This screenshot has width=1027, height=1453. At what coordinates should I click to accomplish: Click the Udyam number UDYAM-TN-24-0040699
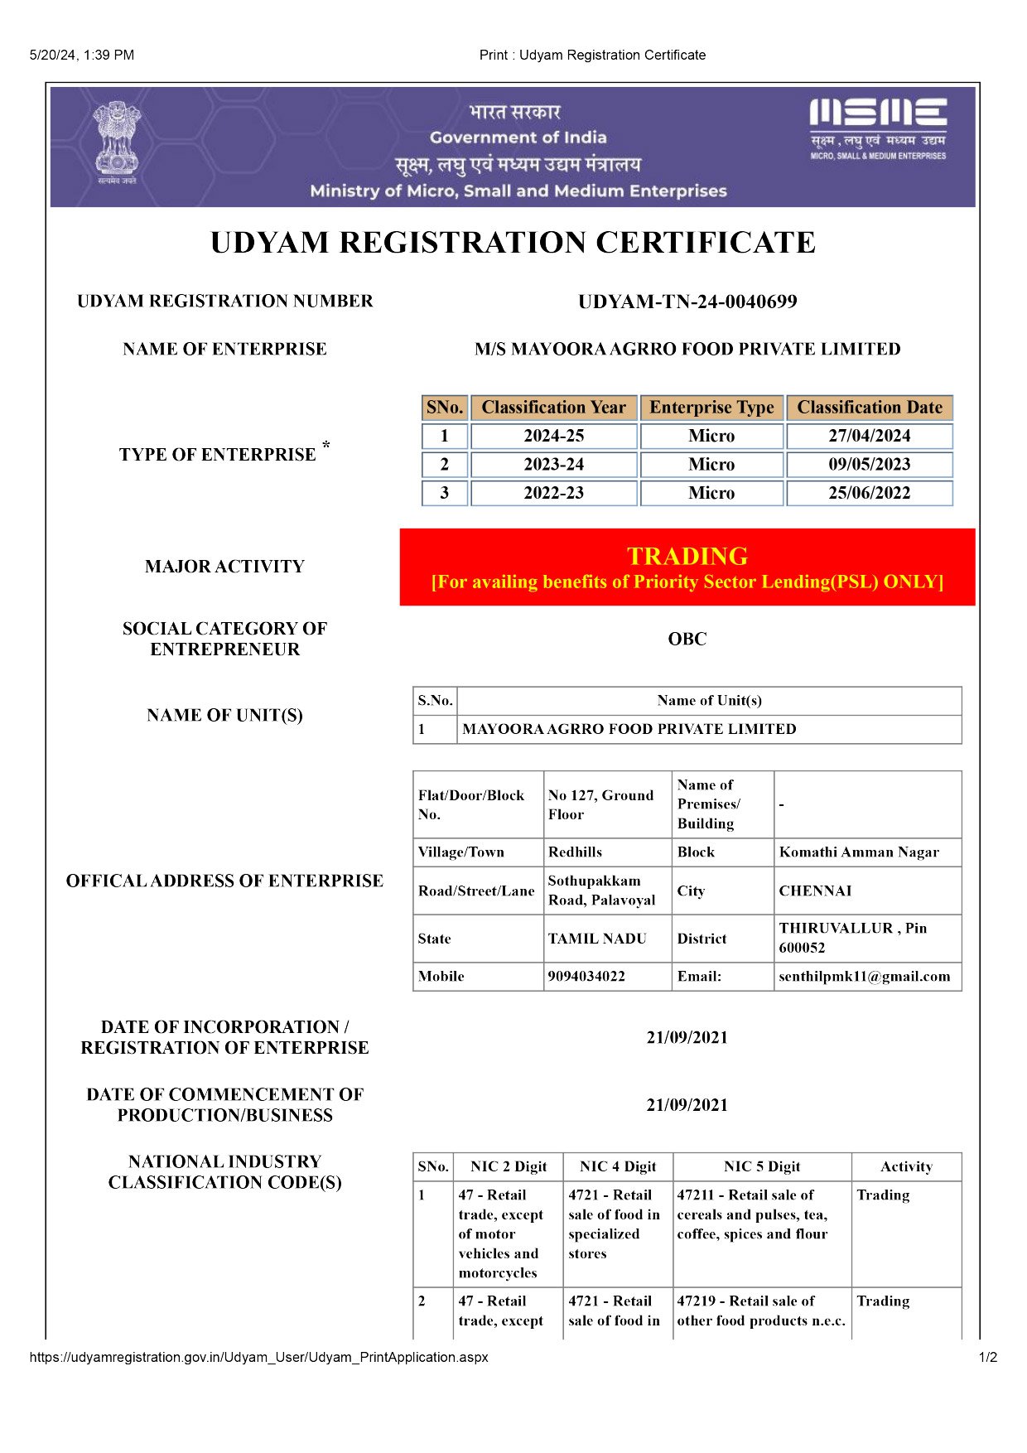[687, 302]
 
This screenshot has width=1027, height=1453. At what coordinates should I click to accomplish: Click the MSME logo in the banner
[878, 128]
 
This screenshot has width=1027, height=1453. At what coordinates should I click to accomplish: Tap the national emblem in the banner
[117, 141]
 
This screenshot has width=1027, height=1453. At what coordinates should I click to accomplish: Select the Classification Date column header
[870, 408]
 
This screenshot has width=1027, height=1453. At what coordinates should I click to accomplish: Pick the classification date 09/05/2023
[870, 465]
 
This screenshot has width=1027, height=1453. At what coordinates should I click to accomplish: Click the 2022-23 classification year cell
[553, 493]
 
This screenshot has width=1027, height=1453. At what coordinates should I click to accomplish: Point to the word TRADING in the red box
[687, 556]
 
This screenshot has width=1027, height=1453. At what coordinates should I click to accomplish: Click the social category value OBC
[687, 639]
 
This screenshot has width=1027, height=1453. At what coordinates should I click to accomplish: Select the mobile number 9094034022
[586, 976]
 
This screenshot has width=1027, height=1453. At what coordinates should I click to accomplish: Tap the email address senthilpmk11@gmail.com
[864, 976]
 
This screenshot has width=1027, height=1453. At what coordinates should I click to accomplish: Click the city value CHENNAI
[815, 891]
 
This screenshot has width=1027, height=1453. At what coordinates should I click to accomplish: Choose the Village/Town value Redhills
[575, 852]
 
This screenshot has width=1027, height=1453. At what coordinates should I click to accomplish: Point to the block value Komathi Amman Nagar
[859, 852]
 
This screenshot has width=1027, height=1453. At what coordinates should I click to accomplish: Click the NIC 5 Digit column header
[762, 1166]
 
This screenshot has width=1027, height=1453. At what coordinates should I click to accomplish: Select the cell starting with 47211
[752, 1214]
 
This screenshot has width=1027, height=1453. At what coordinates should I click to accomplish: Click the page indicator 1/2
[988, 1357]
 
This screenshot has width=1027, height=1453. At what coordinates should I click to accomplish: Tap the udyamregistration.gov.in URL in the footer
[258, 1357]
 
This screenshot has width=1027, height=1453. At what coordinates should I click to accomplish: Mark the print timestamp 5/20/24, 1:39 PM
[81, 55]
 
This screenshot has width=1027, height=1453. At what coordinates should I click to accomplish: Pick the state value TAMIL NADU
[597, 939]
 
